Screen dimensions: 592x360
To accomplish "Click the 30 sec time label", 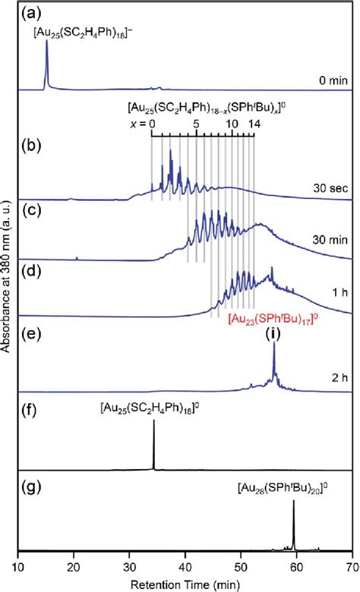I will click(x=327, y=184).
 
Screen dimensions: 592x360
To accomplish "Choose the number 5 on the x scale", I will click(x=196, y=124).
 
